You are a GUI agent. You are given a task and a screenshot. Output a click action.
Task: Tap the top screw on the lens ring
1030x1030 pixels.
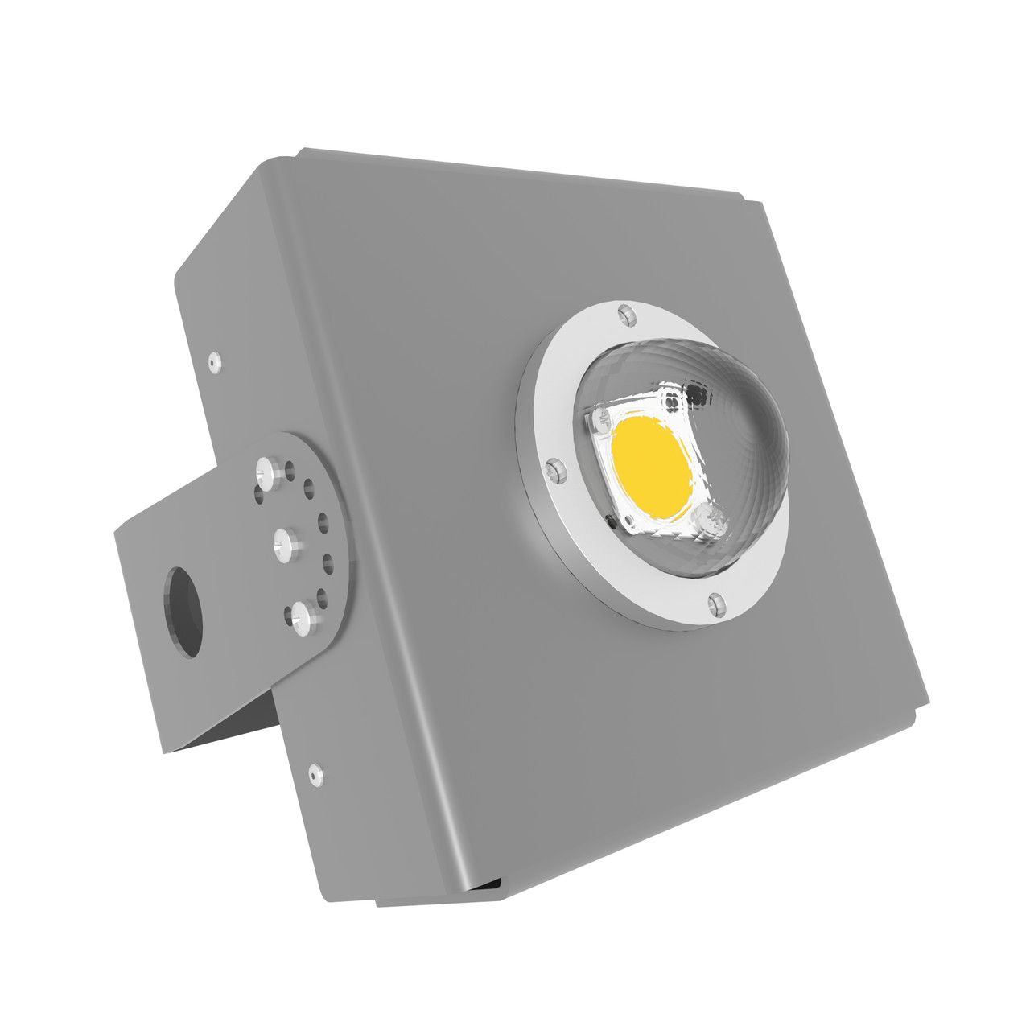coord(625,314)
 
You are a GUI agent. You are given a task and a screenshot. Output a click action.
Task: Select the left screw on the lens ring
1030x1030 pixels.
coord(553,470)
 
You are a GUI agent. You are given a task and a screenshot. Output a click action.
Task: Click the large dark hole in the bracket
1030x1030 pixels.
coord(183,611)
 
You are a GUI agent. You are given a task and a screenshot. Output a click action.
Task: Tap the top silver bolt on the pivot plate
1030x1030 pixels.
coord(266,468)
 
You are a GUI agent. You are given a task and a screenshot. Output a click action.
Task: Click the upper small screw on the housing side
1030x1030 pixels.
coord(213,363)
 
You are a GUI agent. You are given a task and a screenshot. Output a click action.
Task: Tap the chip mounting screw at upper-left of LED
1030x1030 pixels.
coord(599,422)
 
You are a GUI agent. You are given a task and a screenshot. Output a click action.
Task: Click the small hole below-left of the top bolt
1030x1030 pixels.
coord(259,496)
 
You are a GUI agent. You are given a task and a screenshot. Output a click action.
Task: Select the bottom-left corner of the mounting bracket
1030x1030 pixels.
coord(165,752)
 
